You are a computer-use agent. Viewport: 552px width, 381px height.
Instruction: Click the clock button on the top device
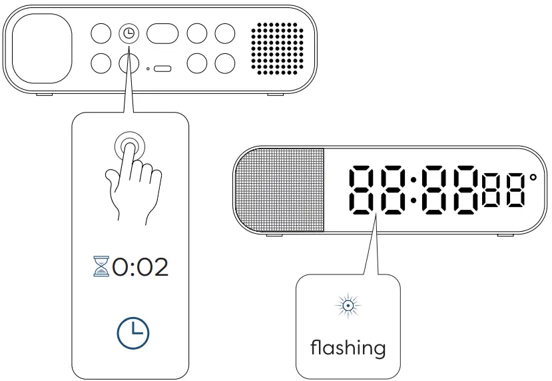click(x=129, y=33)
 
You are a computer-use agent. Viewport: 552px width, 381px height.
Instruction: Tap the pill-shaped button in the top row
click(x=162, y=33)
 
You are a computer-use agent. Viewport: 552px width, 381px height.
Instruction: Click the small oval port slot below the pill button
click(x=162, y=69)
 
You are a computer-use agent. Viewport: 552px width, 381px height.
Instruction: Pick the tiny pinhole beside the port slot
click(x=148, y=69)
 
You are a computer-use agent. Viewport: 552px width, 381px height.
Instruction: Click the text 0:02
click(x=140, y=267)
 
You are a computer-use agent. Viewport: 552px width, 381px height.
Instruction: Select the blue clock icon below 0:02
click(x=134, y=331)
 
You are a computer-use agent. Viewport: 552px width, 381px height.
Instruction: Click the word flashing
click(x=348, y=347)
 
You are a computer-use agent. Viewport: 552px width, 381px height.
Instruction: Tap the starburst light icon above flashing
click(x=348, y=306)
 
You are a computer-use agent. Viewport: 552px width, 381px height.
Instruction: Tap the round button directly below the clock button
click(x=129, y=63)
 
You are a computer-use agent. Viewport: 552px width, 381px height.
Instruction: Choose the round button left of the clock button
click(x=101, y=33)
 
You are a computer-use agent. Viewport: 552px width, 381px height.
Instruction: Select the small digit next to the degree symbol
click(x=515, y=189)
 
